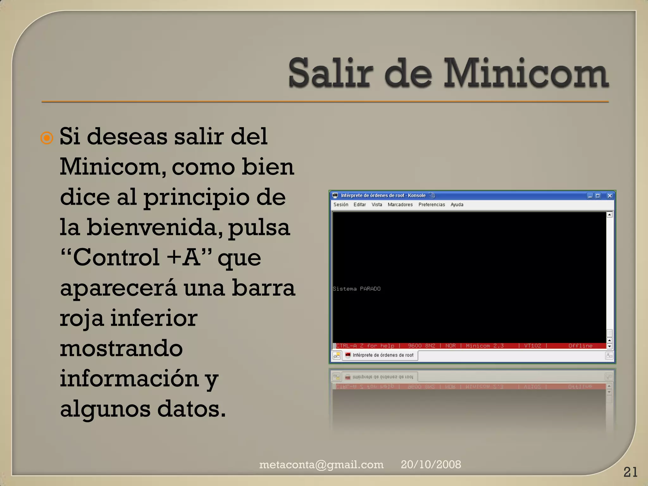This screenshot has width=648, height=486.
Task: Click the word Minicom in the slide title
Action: click(526, 73)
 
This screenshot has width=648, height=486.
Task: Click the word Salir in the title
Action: click(329, 73)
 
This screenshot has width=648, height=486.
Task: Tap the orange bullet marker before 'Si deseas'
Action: click(47, 138)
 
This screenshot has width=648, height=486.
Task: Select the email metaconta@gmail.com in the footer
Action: click(321, 464)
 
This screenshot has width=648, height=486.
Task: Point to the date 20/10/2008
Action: click(431, 464)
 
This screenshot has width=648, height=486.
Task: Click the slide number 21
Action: click(630, 472)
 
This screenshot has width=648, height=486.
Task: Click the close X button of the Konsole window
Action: click(610, 196)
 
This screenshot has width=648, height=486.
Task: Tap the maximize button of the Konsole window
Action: click(598, 196)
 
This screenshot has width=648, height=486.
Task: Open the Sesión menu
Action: click(341, 205)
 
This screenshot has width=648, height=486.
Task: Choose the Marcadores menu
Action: click(400, 205)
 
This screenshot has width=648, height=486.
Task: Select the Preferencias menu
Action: click(432, 205)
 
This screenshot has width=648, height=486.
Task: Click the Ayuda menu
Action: click(457, 205)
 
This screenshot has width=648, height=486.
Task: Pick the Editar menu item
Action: click(360, 205)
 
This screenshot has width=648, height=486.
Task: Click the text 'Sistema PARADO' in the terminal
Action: click(357, 289)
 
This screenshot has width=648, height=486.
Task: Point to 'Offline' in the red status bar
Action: click(580, 346)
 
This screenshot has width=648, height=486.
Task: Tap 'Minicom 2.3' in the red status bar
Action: click(485, 346)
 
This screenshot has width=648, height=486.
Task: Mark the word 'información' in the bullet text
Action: click(129, 378)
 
